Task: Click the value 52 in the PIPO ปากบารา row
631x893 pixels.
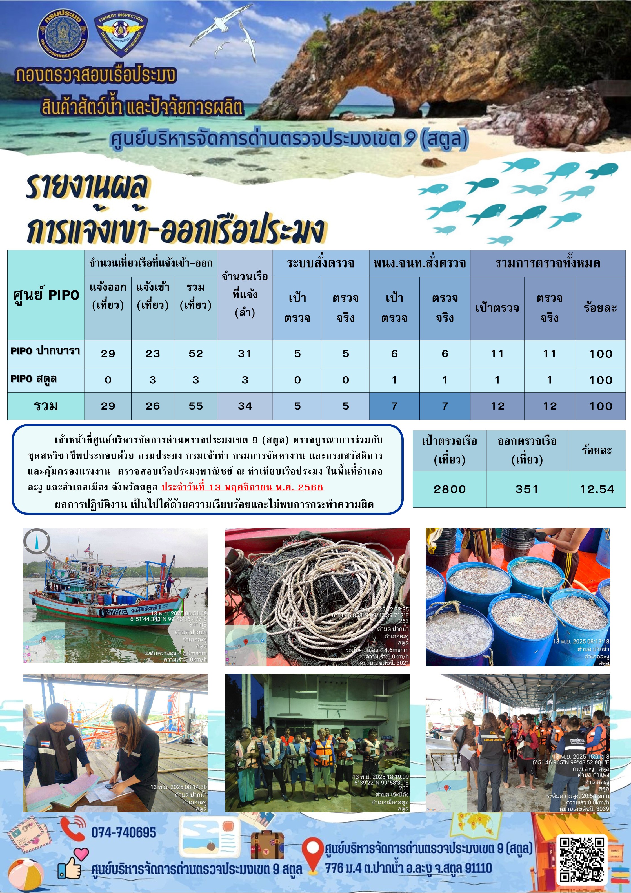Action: pos(195,353)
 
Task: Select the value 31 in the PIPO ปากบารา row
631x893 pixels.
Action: pos(245,353)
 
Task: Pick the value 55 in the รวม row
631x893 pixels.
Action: pos(195,406)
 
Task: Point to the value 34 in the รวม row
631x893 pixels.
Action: pos(245,406)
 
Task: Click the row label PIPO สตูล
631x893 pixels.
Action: pos(34,379)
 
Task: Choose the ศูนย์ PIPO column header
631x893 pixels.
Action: pos(46,295)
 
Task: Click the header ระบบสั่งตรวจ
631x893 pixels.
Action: pos(321,263)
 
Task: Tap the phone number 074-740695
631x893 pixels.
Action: pos(124,833)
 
